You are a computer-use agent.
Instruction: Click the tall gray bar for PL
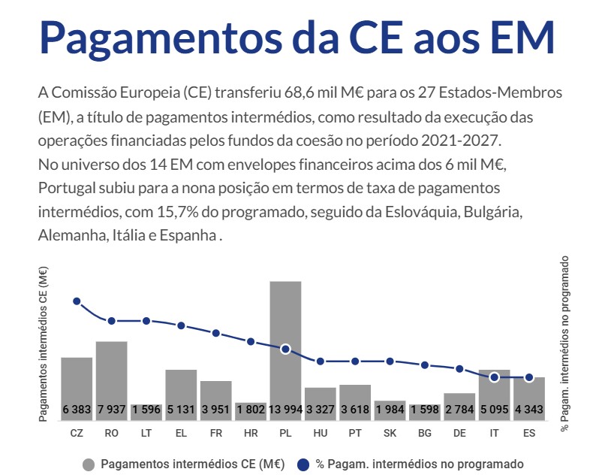click(285, 351)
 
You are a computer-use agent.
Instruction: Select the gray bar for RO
click(112, 381)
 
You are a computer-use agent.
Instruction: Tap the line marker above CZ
click(77, 301)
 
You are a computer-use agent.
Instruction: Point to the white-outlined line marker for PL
click(285, 349)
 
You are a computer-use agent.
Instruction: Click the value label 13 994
click(285, 410)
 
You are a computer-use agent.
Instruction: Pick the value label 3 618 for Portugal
click(355, 410)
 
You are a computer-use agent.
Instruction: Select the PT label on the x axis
click(355, 433)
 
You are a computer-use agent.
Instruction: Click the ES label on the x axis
click(529, 433)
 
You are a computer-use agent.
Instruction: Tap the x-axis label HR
click(251, 433)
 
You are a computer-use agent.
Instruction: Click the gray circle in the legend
click(89, 464)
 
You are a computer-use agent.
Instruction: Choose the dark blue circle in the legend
click(303, 464)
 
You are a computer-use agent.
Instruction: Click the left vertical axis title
click(44, 344)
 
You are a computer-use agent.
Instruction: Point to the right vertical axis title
click(564, 343)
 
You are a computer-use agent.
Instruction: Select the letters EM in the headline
click(524, 37)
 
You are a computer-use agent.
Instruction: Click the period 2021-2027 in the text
click(461, 141)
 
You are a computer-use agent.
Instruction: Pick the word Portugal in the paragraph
click(67, 189)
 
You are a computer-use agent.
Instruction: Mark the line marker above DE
click(459, 368)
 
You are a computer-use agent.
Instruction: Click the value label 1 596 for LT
click(146, 410)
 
